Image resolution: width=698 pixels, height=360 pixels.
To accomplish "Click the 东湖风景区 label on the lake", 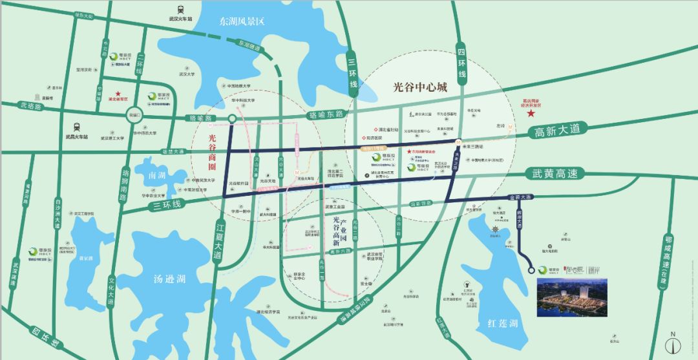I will click(x=242, y=21).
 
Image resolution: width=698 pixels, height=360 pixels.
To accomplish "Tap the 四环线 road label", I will click(x=461, y=65).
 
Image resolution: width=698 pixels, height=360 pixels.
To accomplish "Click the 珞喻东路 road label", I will click(x=325, y=114).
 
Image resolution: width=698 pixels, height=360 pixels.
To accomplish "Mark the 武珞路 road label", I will click(x=30, y=105).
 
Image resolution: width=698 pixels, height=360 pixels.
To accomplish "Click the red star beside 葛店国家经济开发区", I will click(x=530, y=114).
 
